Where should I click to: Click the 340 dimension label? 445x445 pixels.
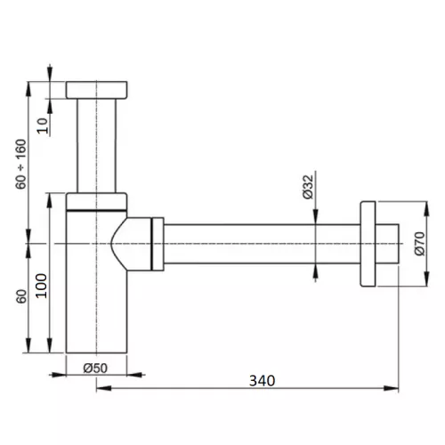coord(262,381)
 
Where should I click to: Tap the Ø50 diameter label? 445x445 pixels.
coord(95,368)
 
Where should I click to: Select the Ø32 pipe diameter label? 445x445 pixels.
coord(308,187)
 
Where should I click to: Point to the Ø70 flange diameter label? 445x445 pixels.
coord(420,244)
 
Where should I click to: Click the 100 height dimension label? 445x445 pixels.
coord(41,286)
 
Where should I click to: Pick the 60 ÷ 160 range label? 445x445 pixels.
coord(21,164)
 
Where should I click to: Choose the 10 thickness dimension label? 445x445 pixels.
coord(43,125)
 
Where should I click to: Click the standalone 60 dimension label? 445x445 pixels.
coord(21,296)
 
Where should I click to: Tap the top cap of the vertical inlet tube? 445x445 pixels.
coord(97,90)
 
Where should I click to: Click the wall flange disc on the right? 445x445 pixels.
coord(368,244)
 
